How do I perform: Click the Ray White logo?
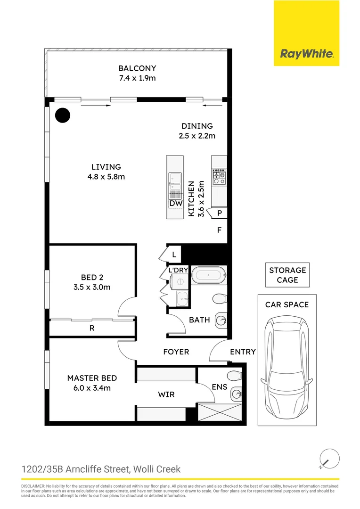pyautogui.click(x=306, y=54)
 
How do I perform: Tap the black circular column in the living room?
pyautogui.click(x=62, y=115)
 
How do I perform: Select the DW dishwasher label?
pyautogui.click(x=176, y=204)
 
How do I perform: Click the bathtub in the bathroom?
pyautogui.click(x=210, y=275)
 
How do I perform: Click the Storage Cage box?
pyautogui.click(x=287, y=275)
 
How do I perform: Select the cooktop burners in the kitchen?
pyautogui.click(x=219, y=177)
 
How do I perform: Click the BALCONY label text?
pyautogui.click(x=137, y=68)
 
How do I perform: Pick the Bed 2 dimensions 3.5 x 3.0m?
pyautogui.click(x=92, y=287)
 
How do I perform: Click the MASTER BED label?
pyautogui.click(x=92, y=378)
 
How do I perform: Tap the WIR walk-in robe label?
pyautogui.click(x=166, y=394)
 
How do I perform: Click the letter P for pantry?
pyautogui.click(x=219, y=213)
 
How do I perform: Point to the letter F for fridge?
pyautogui.click(x=219, y=230)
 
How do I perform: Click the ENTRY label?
pyautogui.click(x=243, y=352)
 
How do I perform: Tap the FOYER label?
pyautogui.click(x=176, y=352)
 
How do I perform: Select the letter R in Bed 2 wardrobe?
pyautogui.click(x=92, y=328)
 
